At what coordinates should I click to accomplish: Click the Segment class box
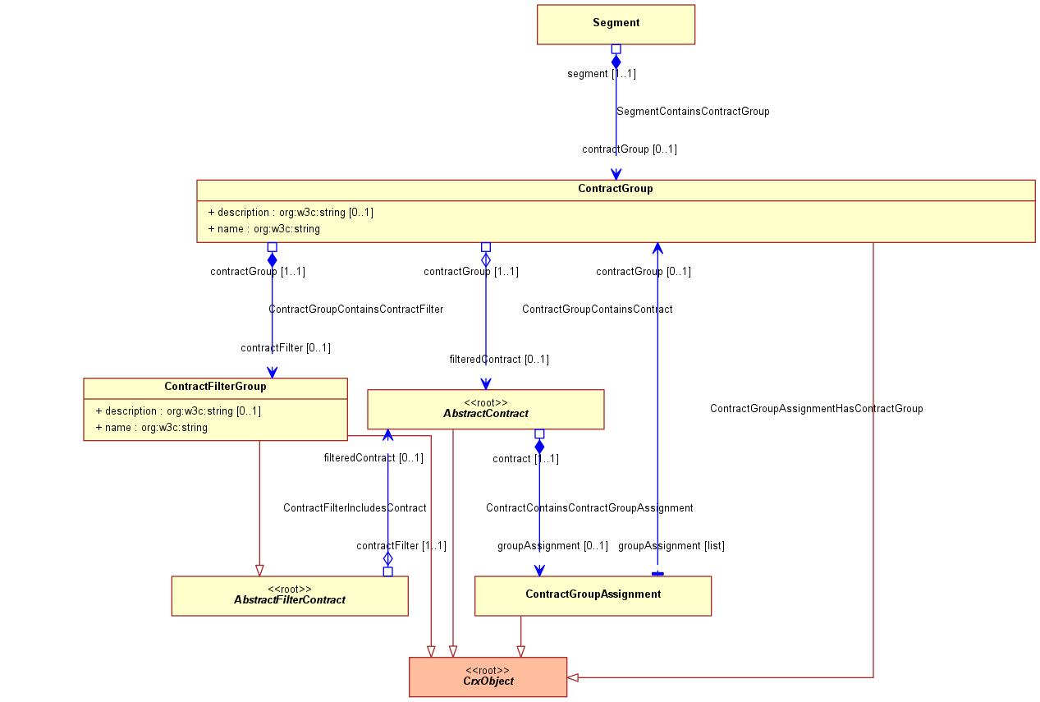(616, 25)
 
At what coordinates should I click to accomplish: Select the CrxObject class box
(488, 677)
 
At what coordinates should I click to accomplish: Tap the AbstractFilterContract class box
(290, 596)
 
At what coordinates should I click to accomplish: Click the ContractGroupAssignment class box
(593, 596)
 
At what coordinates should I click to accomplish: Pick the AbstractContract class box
(486, 409)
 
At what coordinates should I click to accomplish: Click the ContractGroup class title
(615, 189)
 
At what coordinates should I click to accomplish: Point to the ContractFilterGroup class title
(215, 386)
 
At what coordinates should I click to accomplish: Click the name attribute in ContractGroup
(263, 229)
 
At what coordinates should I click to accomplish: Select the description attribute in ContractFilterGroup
(178, 411)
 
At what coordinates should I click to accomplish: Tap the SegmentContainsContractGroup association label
(693, 112)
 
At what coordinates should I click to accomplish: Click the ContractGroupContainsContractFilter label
(355, 310)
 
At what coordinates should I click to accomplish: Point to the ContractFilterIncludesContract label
(355, 508)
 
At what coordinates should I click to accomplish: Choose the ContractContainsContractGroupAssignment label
(589, 508)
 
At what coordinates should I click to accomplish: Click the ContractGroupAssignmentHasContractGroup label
(816, 409)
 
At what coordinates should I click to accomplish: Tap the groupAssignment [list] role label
(671, 545)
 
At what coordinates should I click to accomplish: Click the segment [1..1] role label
(602, 73)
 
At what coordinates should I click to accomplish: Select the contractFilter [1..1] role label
(401, 545)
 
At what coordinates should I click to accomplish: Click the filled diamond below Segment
(616, 62)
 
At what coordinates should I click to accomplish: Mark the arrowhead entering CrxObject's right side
(573, 677)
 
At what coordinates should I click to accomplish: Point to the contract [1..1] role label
(525, 459)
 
